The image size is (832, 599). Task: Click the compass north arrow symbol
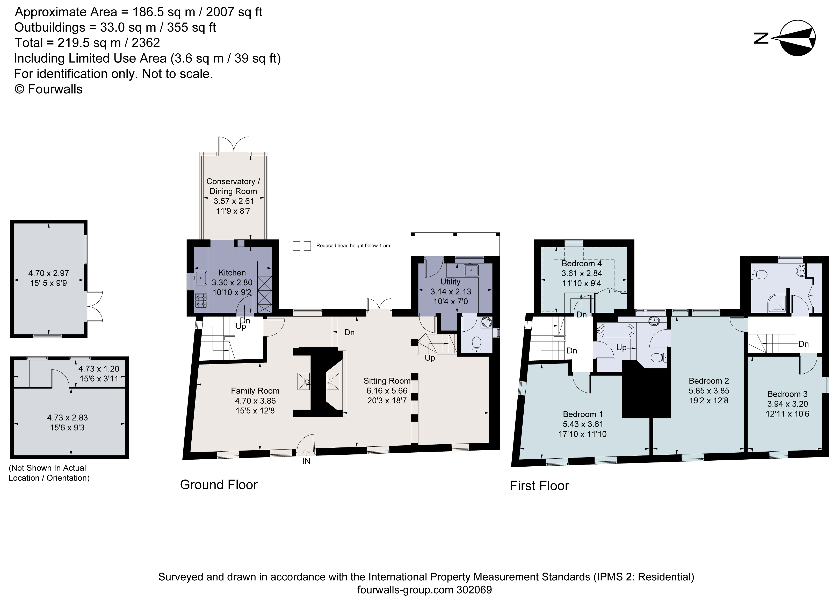(796, 38)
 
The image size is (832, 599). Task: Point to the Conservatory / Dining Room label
(233, 186)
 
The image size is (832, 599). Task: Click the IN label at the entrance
(306, 461)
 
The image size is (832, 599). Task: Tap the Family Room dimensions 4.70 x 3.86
(255, 401)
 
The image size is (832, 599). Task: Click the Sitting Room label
(387, 381)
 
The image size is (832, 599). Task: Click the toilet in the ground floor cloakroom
(476, 344)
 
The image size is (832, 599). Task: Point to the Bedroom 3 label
(787, 394)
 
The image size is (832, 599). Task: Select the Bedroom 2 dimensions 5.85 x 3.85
(709, 390)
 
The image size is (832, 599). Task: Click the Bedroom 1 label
(583, 414)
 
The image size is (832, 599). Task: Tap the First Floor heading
(539, 486)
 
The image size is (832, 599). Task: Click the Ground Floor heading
(219, 484)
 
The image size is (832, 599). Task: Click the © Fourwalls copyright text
(48, 89)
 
